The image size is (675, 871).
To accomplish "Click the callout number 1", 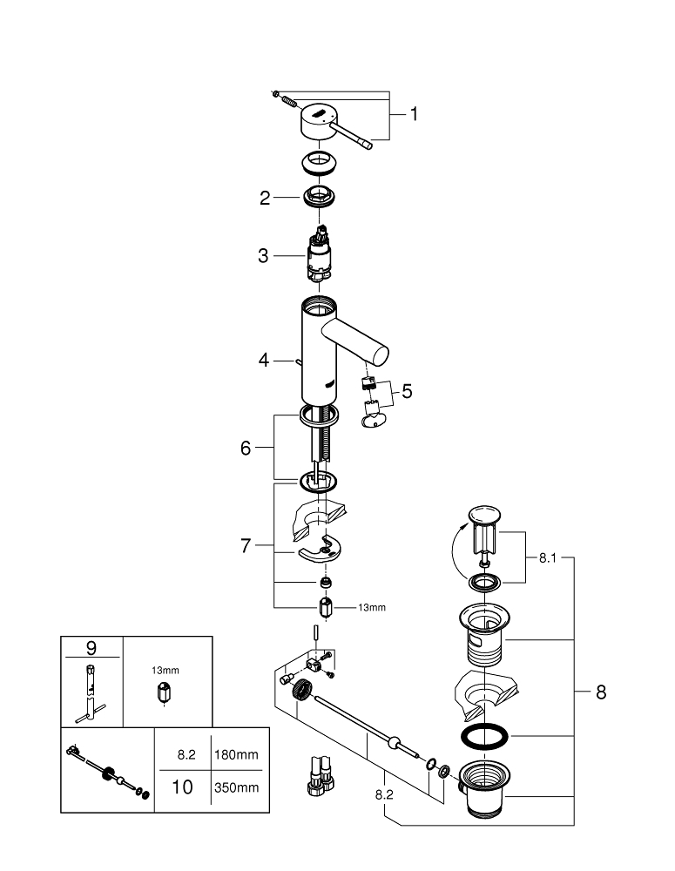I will (414, 114).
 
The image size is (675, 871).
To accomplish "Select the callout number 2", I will (265, 198).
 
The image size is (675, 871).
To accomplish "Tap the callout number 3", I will (262, 256).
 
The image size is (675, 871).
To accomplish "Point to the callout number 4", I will (262, 358).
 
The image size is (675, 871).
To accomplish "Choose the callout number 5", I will (407, 391).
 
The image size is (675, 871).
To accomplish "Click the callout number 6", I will (246, 448).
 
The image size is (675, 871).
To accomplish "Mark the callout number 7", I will (246, 547).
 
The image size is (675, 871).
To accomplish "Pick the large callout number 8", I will (601, 693).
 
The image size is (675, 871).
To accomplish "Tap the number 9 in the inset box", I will (91, 648).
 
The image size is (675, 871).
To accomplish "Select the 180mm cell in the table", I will (238, 754).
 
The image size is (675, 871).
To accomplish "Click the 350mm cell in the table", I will (238, 788).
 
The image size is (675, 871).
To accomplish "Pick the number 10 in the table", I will (182, 788).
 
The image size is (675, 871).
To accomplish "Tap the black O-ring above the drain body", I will (484, 734).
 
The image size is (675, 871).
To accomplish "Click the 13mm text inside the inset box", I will (165, 670).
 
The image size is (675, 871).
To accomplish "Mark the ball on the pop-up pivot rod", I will (395, 742).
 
